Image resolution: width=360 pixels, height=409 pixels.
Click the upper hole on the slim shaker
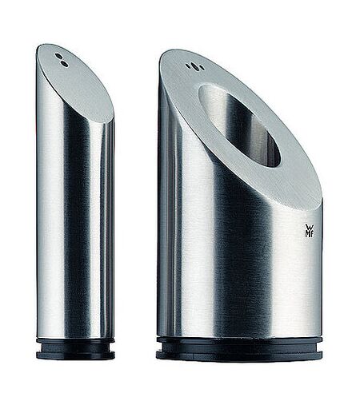click(x=58, y=56)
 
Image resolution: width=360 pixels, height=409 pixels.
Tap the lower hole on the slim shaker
click(x=64, y=63)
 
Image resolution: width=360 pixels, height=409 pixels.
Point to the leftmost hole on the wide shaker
click(x=188, y=66)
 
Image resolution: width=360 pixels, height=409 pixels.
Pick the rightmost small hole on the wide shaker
click(x=202, y=68)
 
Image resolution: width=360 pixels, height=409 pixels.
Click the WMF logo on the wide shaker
click(x=310, y=231)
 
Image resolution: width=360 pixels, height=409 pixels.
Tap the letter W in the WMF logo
click(x=310, y=228)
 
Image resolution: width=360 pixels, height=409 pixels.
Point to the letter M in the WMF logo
click(x=307, y=234)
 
